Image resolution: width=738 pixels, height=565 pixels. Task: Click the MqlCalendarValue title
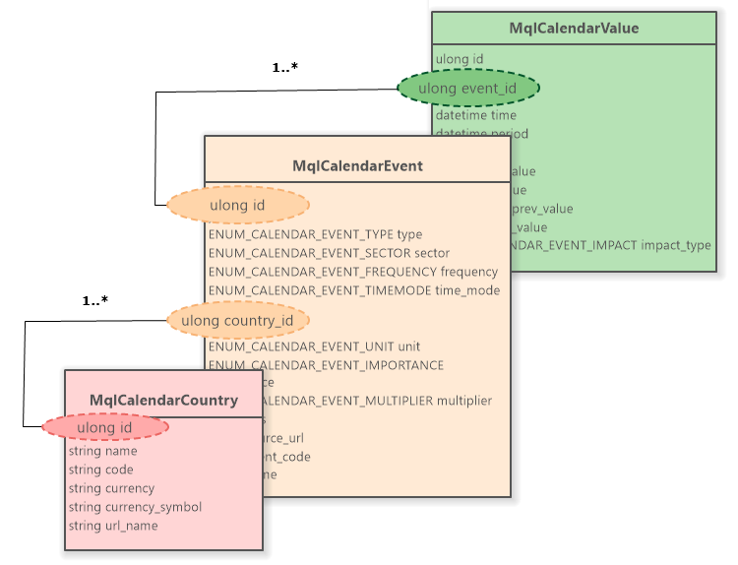574,29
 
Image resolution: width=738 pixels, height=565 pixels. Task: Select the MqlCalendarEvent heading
357,165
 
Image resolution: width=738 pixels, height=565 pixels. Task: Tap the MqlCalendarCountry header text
163,400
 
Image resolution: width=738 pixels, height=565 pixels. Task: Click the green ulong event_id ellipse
468,89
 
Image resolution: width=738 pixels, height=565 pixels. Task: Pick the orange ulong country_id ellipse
237,320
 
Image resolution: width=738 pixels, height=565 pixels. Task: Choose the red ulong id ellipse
105,427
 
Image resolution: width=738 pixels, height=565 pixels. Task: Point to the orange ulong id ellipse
237,205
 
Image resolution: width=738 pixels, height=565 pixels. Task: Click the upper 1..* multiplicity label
284,68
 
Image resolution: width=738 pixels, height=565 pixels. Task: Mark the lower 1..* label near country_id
95,299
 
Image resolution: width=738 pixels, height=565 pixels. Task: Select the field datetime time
475,115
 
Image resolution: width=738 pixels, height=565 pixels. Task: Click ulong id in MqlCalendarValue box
459,59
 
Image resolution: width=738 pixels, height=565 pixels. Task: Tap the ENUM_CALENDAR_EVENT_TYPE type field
315,234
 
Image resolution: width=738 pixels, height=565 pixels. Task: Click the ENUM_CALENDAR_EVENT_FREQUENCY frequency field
353,272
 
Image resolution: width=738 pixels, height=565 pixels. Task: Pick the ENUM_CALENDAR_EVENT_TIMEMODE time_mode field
354,290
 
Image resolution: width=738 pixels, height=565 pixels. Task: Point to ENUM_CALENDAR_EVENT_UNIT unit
314,346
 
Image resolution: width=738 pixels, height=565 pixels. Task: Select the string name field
102,451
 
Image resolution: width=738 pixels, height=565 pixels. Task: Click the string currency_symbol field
135,507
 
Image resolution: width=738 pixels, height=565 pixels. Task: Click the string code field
100,470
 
